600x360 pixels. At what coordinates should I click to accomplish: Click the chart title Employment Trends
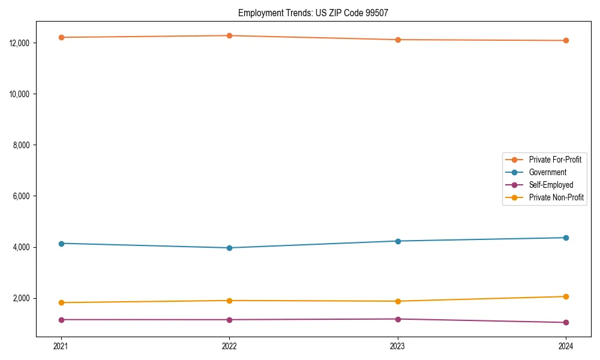coord(313,13)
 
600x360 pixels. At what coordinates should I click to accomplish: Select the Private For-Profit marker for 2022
coord(229,35)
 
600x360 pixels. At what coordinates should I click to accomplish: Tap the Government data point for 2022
coord(229,248)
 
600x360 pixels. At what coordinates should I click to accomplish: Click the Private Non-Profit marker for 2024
coord(566,296)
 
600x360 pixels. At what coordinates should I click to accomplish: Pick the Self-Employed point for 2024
coord(566,322)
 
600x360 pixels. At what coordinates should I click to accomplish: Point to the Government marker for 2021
coord(61,243)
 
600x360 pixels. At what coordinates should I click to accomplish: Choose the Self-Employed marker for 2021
coord(61,320)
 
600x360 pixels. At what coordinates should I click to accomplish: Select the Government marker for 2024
coord(566,238)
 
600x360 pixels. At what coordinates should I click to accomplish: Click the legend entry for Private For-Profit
coord(554,160)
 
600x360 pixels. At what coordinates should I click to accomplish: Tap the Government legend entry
coord(547,172)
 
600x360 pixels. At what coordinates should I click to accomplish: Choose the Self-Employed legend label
coord(551,185)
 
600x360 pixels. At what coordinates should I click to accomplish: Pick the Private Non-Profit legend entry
coord(556,197)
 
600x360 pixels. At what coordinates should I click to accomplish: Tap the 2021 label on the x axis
coord(61,346)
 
